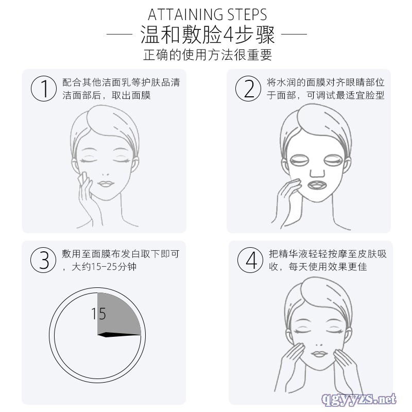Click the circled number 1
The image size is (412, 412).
[44, 88]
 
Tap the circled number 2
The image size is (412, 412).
[248, 88]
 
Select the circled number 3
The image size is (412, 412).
[43, 260]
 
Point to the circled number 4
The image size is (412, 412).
[250, 260]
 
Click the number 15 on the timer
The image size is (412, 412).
[98, 314]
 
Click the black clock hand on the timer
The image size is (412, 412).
[119, 334]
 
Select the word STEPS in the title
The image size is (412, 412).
[247, 15]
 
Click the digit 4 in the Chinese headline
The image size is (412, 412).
[228, 35]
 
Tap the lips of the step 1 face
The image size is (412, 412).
[106, 184]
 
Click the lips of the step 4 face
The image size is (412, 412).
[319, 354]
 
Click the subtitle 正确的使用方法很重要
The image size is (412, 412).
[208, 55]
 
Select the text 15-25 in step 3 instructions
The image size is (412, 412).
[100, 267]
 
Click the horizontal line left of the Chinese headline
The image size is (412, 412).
[119, 34]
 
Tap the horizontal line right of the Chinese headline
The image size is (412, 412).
[294, 34]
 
